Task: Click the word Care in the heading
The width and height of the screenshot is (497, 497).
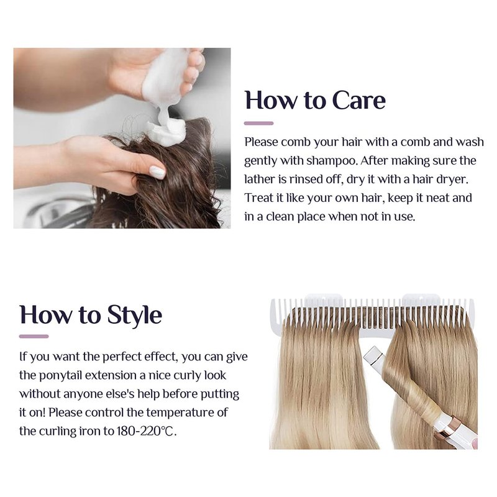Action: [359, 100]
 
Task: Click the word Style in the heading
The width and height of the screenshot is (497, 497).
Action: [134, 315]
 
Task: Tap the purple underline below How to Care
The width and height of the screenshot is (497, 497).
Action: [258, 123]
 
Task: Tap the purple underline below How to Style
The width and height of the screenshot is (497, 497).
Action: [34, 336]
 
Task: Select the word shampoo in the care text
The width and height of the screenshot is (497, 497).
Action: [332, 162]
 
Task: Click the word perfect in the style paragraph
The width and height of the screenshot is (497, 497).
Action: [122, 357]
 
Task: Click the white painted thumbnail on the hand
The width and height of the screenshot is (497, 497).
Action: [157, 172]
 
